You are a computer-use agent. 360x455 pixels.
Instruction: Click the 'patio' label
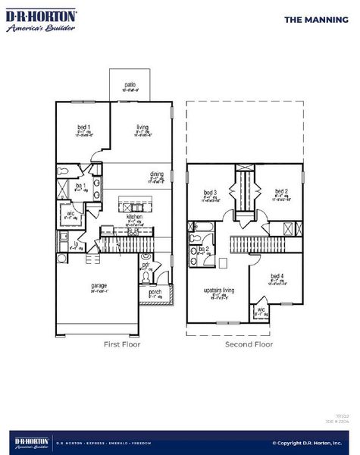130,85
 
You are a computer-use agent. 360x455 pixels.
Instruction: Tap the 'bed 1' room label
83,127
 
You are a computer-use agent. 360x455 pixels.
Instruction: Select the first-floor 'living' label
141,127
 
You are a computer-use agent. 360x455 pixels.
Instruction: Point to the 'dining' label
156,174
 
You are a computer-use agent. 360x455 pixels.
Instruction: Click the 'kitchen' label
133,215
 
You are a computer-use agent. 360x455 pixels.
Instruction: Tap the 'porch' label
155,291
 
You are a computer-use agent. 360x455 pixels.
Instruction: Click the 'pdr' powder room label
146,266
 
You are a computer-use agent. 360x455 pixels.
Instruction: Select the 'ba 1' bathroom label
80,185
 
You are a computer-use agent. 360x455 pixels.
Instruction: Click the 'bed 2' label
280,191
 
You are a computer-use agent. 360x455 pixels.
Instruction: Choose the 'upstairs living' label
218,290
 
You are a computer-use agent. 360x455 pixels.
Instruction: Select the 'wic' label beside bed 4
260,309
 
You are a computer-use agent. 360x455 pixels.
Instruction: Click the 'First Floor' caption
121,344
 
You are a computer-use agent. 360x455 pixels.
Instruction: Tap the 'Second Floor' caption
249,344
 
